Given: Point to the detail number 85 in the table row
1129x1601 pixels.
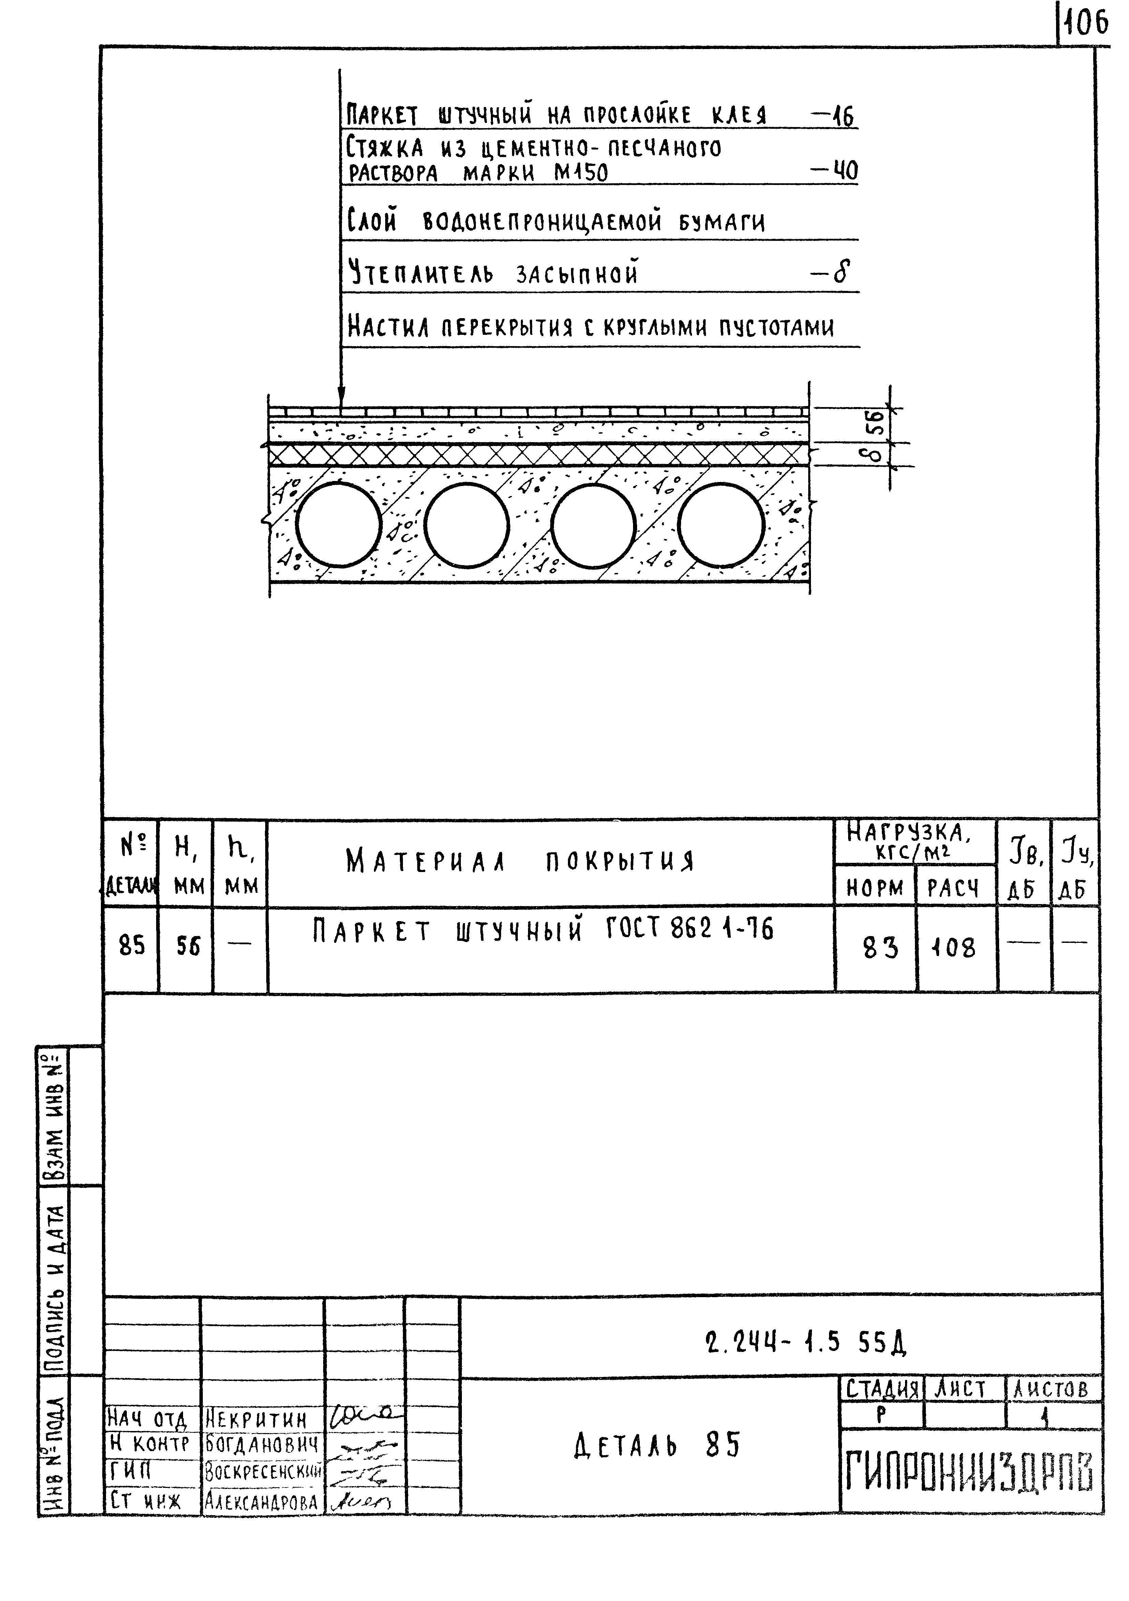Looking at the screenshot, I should click(x=132, y=946).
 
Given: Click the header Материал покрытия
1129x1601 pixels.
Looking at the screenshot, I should click(x=520, y=862).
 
